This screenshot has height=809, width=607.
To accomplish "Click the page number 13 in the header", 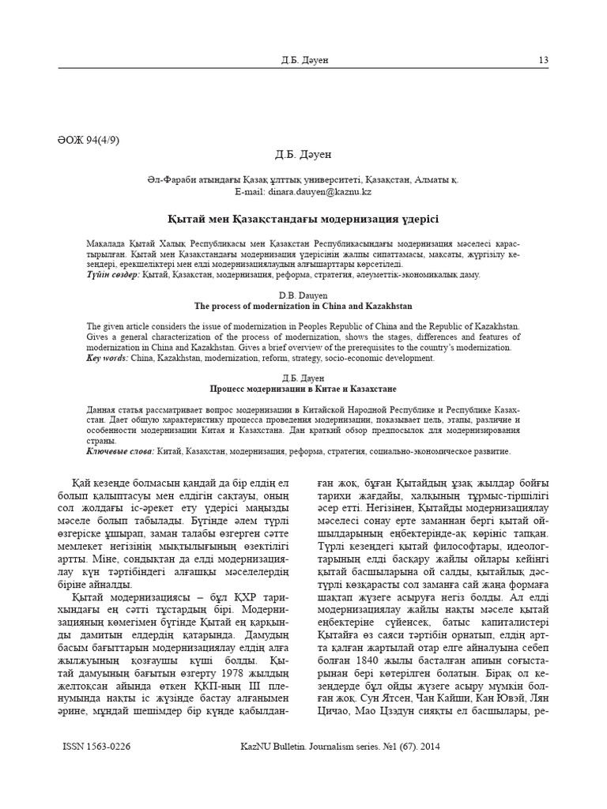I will pos(543,60).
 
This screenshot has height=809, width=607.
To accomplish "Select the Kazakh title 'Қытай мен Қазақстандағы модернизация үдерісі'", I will pos(303,217).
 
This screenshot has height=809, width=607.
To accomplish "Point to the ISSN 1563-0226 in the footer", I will pos(96,745).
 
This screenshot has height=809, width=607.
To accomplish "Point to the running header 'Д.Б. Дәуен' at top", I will pos(303,60).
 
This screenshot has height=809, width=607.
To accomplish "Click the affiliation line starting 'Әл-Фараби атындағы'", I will pos(303,179).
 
